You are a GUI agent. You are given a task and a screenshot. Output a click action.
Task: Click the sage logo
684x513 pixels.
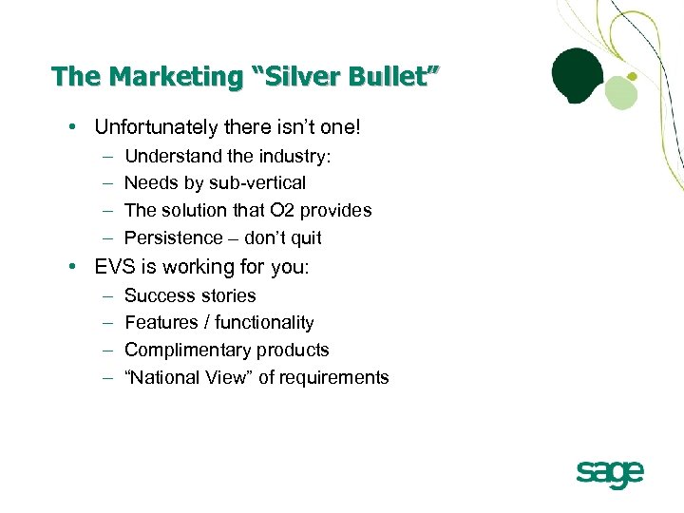610,473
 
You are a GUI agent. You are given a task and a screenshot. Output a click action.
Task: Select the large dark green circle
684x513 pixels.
578,72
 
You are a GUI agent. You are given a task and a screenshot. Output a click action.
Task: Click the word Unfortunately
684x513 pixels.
156,127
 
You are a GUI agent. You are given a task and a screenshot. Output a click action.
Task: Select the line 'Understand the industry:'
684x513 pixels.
227,156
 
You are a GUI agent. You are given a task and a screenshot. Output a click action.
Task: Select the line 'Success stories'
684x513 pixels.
190,295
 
